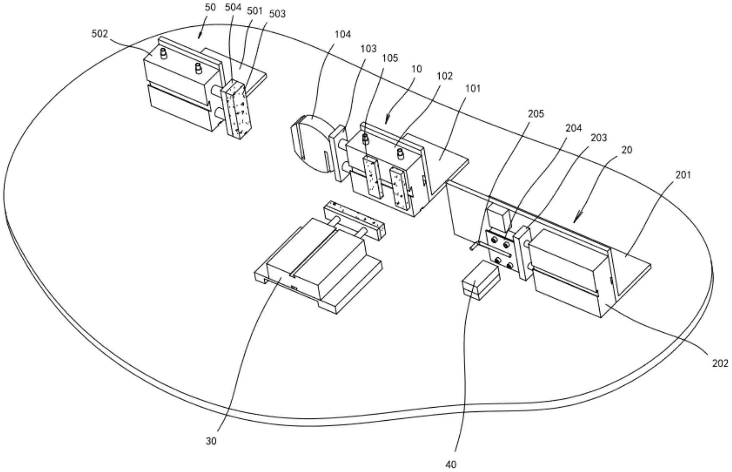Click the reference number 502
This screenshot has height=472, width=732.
click(x=100, y=34)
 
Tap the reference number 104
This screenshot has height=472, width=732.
click(x=343, y=34)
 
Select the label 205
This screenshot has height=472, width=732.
click(x=536, y=114)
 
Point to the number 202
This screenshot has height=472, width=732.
click(x=720, y=363)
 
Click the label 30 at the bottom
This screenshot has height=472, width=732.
click(x=211, y=441)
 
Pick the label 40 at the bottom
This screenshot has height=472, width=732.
click(x=451, y=465)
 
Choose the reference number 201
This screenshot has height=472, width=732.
click(x=683, y=175)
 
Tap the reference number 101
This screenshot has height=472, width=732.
click(x=473, y=89)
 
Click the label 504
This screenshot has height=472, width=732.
click(x=233, y=7)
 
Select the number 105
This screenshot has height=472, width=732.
click(x=390, y=58)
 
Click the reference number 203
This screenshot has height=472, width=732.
click(x=599, y=138)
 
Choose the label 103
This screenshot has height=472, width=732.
click(x=368, y=49)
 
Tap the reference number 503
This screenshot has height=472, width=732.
click(x=277, y=14)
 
